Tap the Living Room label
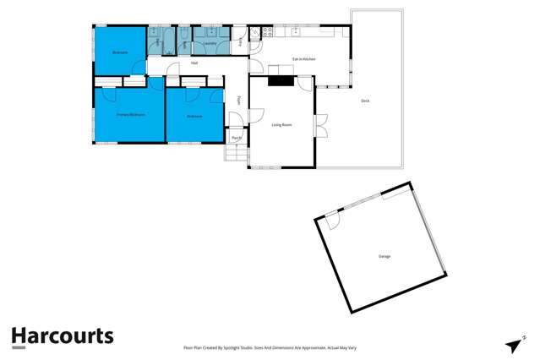(x=281, y=125)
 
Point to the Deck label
(x=365, y=101)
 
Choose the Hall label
(x=194, y=63)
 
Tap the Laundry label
(x=210, y=43)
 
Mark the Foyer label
(x=239, y=100)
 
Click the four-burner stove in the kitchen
(x=266, y=33)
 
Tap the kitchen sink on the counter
(x=297, y=32)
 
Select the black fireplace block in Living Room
(x=279, y=81)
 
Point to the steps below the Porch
(x=234, y=154)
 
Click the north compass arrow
(x=513, y=345)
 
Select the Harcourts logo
(x=62, y=336)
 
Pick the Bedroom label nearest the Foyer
(x=195, y=116)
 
